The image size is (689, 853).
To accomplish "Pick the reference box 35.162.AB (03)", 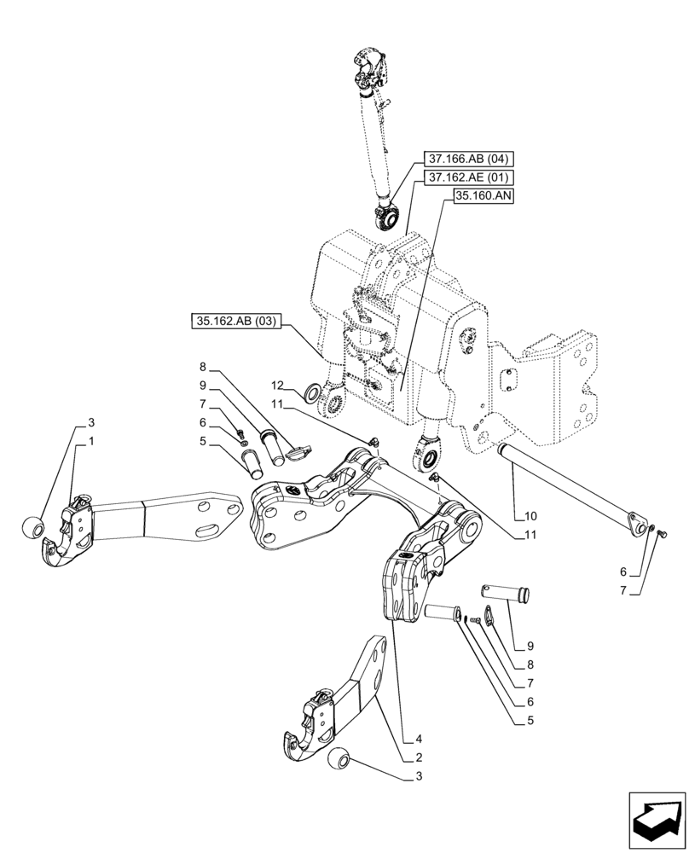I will point(235,322).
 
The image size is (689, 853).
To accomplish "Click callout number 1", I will point(90,441).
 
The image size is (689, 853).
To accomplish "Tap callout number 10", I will point(531,516).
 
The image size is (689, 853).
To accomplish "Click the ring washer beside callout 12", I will point(314,393).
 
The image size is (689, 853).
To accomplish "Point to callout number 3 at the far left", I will point(90,423).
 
